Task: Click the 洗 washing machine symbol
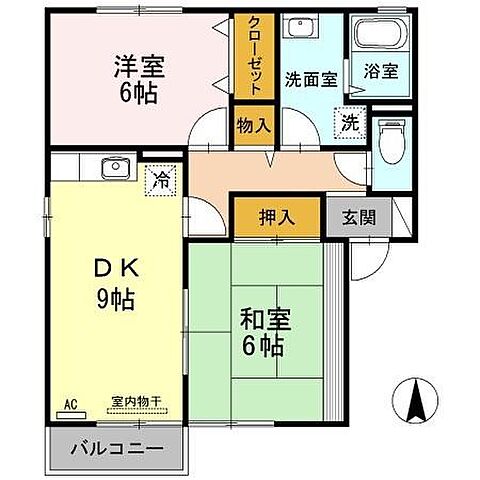click(349, 123)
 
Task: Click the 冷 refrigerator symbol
click(160, 181)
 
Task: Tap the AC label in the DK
click(70, 404)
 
